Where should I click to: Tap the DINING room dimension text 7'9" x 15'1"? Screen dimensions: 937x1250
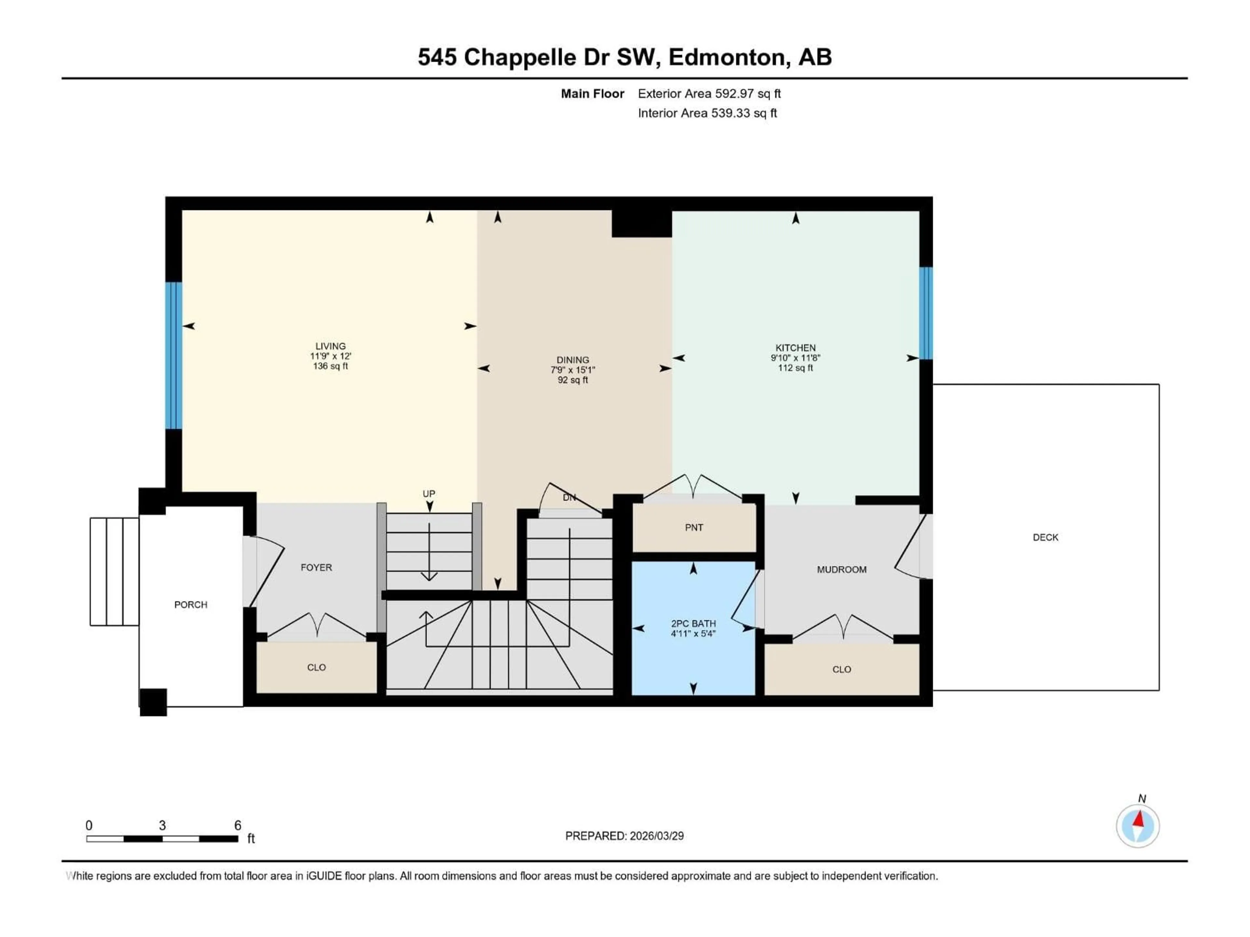(573, 370)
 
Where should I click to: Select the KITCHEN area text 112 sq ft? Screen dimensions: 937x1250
(795, 368)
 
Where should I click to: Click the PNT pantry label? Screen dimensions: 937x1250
(694, 527)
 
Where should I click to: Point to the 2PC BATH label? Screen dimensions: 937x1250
(693, 624)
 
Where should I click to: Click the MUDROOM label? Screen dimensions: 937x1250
(841, 570)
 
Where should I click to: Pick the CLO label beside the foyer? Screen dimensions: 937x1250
(316, 668)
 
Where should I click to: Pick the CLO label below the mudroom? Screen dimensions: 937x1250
(841, 669)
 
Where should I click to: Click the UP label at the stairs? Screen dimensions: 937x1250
(429, 494)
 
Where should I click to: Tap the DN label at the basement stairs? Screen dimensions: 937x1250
(569, 497)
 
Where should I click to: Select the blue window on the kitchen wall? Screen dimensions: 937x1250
(926, 313)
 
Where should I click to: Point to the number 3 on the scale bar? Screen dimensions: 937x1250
(162, 825)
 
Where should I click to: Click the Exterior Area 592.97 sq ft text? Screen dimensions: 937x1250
(709, 94)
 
